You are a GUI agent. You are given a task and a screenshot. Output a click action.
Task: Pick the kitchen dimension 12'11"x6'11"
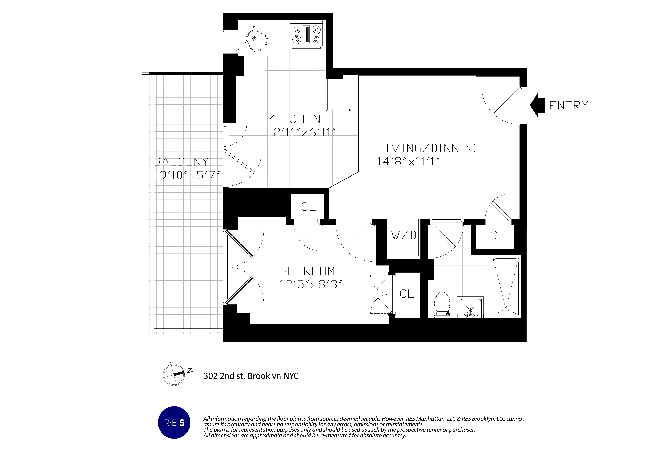click(x=301, y=132)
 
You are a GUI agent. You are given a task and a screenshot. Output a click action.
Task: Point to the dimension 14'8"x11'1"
click(x=408, y=162)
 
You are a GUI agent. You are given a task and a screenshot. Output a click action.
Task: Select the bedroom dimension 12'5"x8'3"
click(x=311, y=284)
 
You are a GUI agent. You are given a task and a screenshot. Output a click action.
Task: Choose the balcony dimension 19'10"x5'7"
click(x=187, y=175)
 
